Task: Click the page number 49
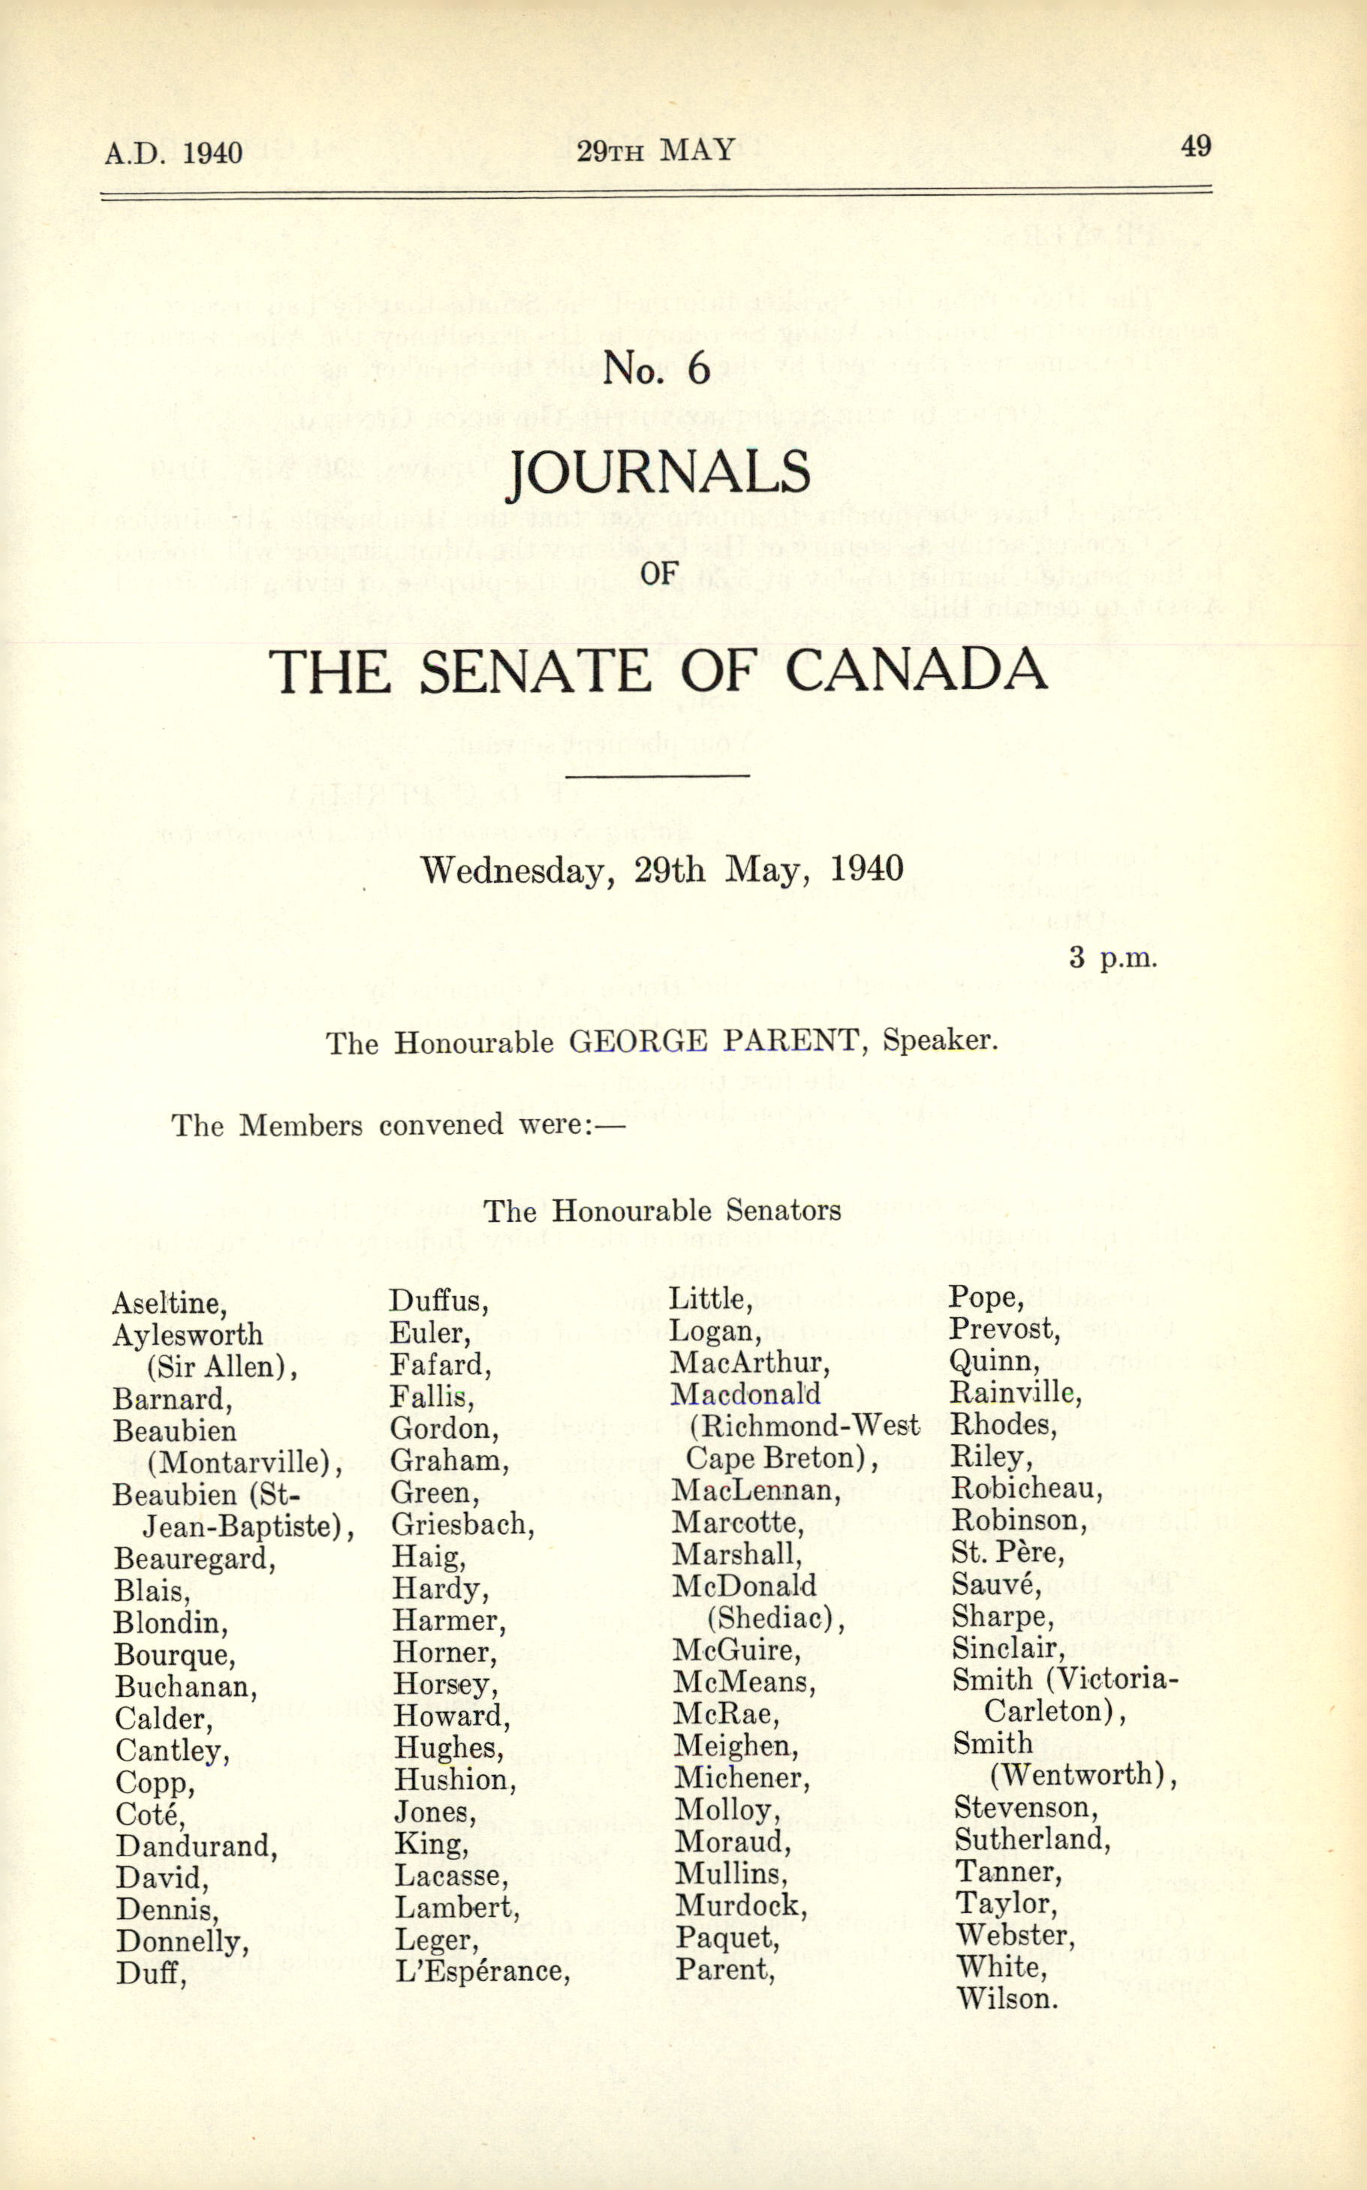[1195, 146]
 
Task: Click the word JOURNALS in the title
[658, 472]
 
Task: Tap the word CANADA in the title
[915, 671]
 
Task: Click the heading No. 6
[658, 368]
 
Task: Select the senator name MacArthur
[749, 1362]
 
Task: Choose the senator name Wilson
[1006, 1999]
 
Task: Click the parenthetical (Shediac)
[775, 1619]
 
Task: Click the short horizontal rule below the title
[658, 775]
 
